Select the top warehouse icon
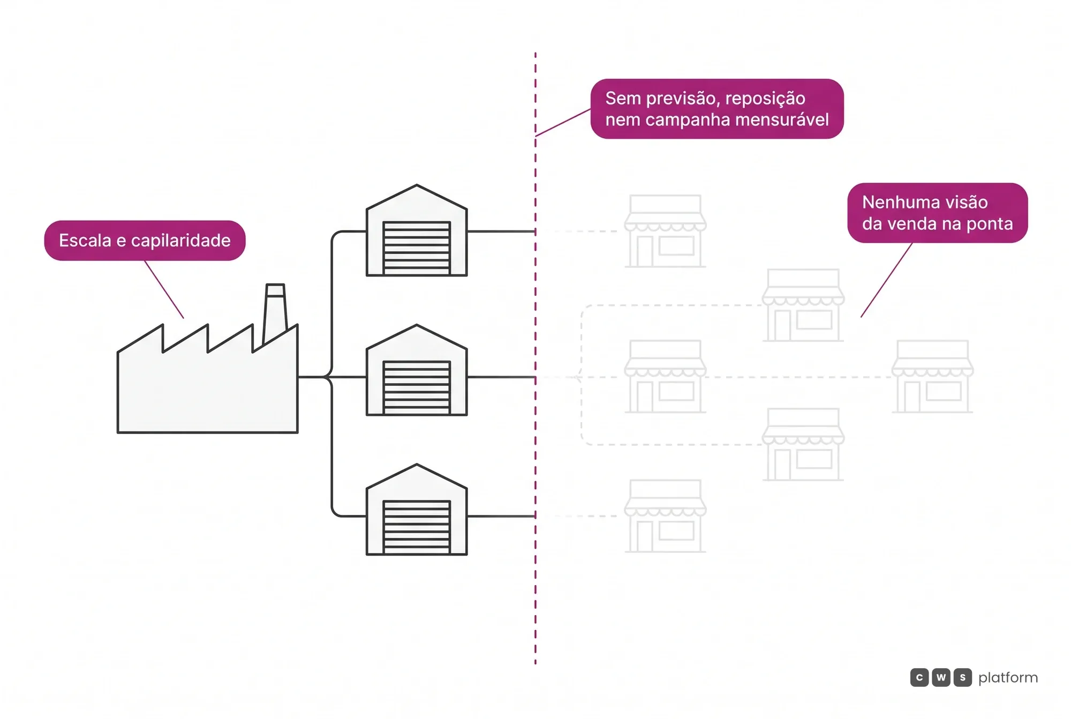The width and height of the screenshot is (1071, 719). (417, 230)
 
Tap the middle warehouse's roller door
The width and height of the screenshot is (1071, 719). (417, 388)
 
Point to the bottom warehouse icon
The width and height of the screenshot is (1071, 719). (417, 510)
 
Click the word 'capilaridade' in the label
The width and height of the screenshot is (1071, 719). (180, 241)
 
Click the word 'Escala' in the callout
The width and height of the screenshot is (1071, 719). (85, 241)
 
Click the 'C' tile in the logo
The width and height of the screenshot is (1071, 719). (919, 678)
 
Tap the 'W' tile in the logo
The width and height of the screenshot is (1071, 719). (941, 678)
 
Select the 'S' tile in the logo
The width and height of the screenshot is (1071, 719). (962, 678)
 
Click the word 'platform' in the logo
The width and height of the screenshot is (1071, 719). (1008, 678)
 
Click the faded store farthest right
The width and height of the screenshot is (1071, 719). (932, 377)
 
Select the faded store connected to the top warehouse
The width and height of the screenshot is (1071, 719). (665, 231)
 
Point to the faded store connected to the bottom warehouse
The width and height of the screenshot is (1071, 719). (665, 516)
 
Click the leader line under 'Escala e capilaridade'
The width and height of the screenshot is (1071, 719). (164, 289)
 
